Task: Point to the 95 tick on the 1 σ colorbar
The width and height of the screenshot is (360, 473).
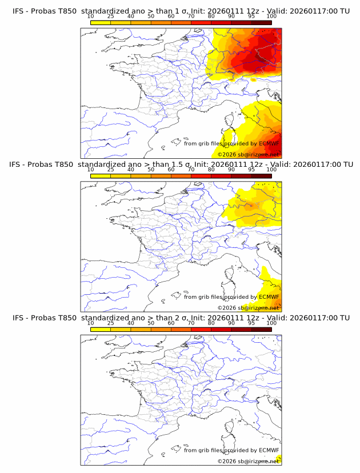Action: click(x=251, y=16)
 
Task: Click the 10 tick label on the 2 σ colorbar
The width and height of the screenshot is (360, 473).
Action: click(x=90, y=323)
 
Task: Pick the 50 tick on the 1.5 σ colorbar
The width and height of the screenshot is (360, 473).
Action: click(x=151, y=169)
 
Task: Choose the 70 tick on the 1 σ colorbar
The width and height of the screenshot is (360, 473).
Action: click(x=191, y=16)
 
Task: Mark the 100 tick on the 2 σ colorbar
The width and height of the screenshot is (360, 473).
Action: click(x=271, y=323)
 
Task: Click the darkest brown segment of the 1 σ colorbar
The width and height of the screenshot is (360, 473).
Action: click(x=261, y=22)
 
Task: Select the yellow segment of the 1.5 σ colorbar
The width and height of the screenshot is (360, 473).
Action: click(x=101, y=176)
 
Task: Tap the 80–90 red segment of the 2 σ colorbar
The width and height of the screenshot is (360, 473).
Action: click(x=221, y=330)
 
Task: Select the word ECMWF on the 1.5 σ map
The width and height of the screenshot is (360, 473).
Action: click(x=269, y=297)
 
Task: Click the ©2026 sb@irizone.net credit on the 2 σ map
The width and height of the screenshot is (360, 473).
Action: click(x=248, y=461)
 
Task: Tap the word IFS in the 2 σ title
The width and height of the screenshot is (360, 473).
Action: click(x=18, y=318)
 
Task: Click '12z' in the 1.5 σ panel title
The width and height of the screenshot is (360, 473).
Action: click(x=255, y=164)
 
